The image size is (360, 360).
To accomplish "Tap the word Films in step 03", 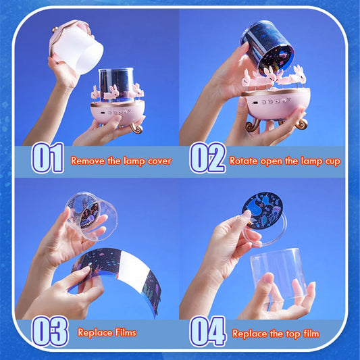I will coord(122,332).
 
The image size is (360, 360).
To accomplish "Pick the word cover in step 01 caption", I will coord(157,161).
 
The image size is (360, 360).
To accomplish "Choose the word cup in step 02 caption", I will coord(331,161).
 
